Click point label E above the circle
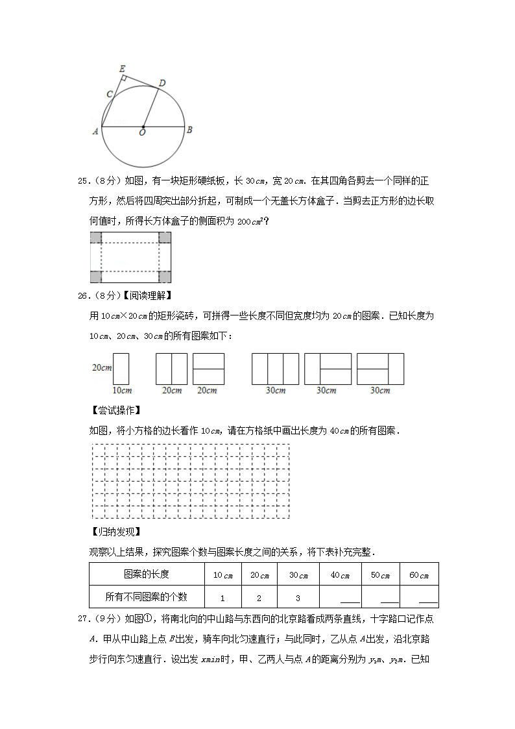tap(123, 68)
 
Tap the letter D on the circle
tap(162, 82)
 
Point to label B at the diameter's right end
tap(189, 129)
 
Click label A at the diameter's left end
tap(95, 130)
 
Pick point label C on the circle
tap(110, 94)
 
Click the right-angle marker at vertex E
tap(123, 78)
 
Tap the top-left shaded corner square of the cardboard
tap(95, 238)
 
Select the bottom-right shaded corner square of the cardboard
tap(165, 277)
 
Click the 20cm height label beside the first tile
tap(101, 367)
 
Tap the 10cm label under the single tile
tap(122, 390)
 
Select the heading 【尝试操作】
tap(117, 410)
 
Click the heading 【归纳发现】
tap(117, 532)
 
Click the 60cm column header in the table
tap(419, 575)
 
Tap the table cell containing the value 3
tap(298, 597)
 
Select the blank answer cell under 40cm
tap(341, 597)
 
